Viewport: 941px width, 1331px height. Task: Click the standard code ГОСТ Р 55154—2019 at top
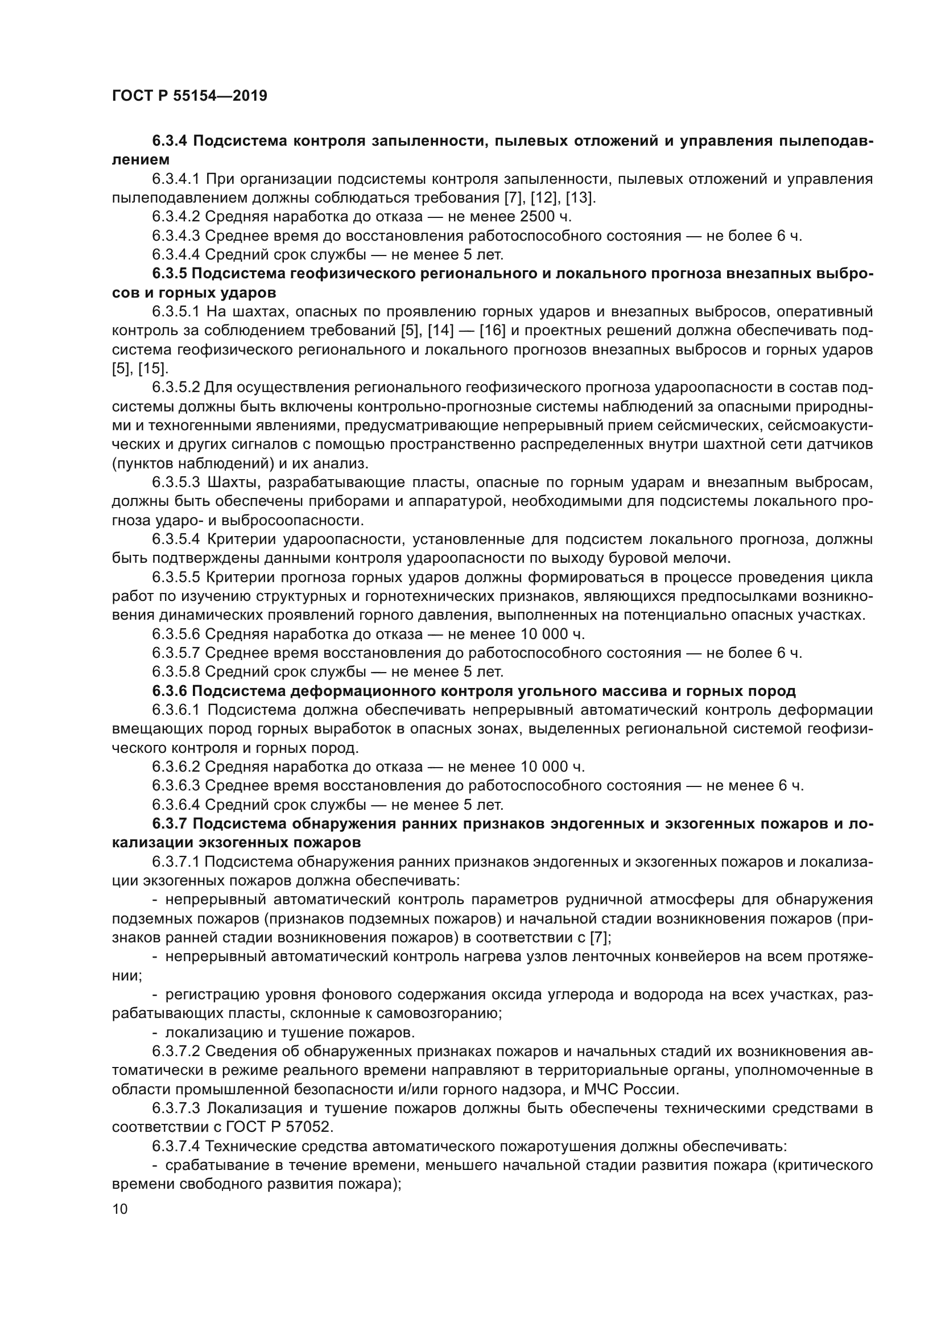(189, 96)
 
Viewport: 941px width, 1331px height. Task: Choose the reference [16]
(493, 331)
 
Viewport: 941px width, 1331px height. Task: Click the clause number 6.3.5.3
(176, 483)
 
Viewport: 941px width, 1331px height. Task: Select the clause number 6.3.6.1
(176, 710)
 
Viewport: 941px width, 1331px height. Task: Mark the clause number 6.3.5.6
(176, 634)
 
